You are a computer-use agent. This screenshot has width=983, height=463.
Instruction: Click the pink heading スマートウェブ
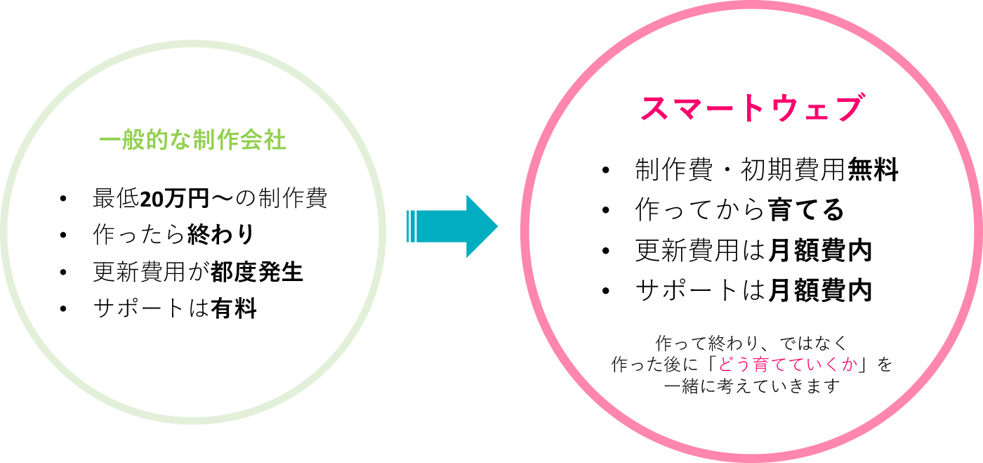coord(751,110)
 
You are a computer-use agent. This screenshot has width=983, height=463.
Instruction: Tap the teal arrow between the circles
coord(452,226)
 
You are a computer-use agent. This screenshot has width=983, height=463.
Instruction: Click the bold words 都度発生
coord(257,272)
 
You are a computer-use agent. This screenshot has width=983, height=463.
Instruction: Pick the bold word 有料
coord(234,308)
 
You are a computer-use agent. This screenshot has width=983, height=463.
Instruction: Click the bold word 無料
coord(873,170)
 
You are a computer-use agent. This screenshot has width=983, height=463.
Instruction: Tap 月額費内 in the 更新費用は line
coord(820,251)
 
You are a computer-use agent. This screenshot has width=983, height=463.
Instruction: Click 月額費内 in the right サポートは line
coord(820,290)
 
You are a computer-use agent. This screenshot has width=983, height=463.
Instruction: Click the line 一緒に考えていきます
coord(751,386)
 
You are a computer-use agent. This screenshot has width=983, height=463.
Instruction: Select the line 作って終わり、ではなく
coord(751,344)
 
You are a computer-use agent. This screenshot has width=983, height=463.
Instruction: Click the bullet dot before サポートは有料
coord(64,309)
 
